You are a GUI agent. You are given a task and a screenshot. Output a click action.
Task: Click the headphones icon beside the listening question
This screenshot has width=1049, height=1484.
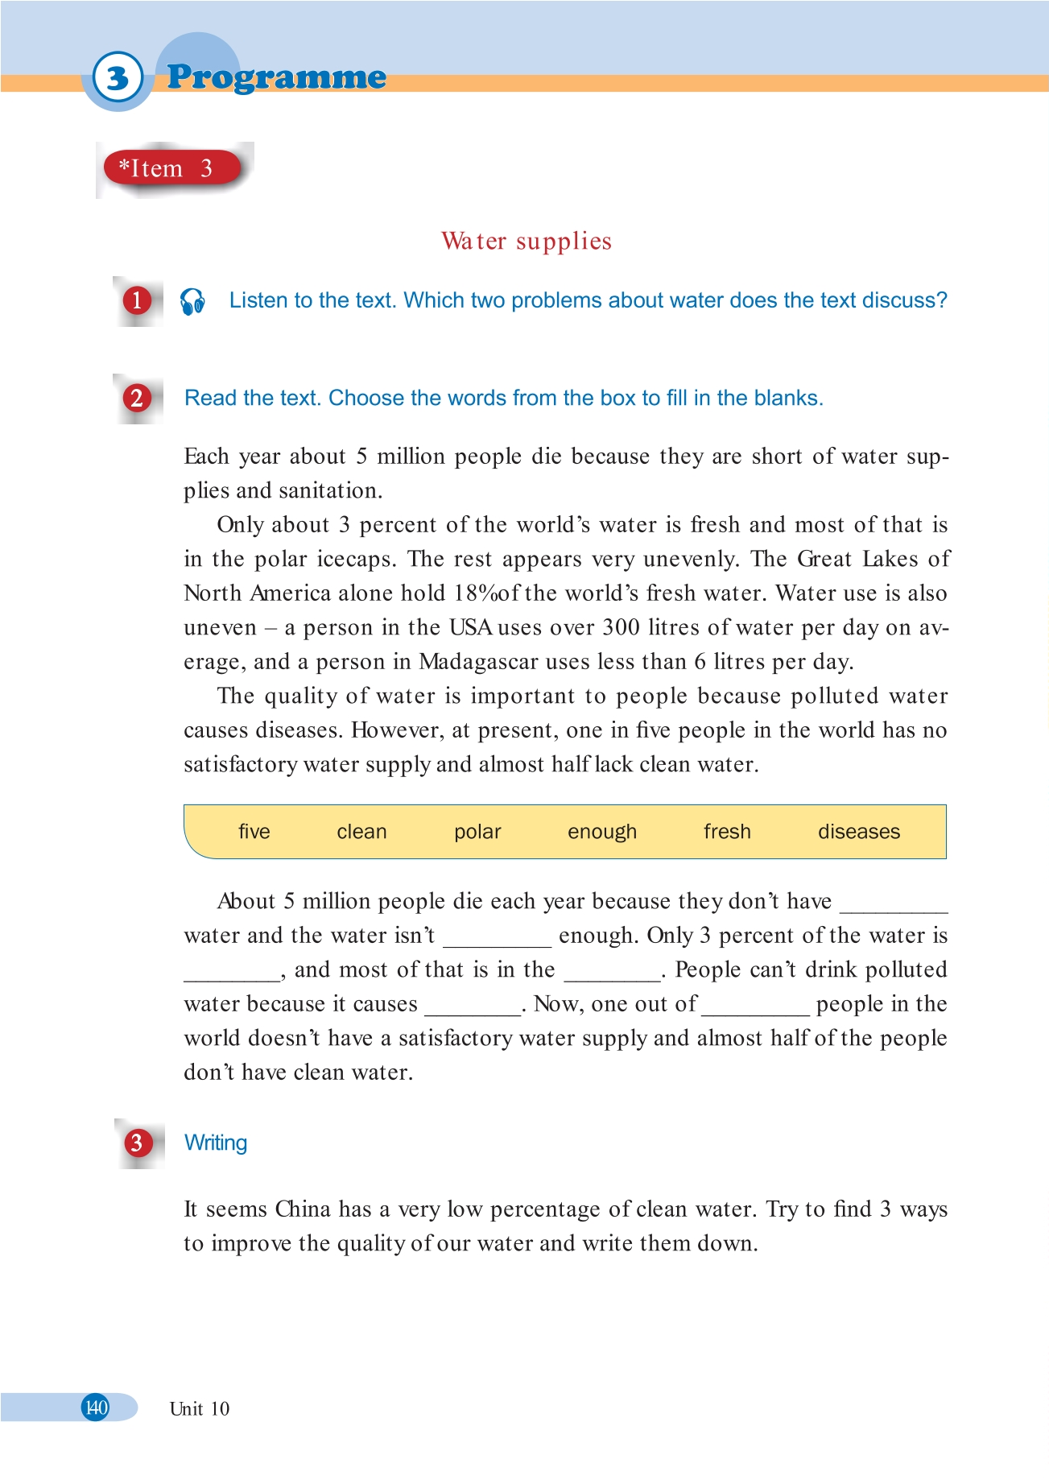tap(192, 301)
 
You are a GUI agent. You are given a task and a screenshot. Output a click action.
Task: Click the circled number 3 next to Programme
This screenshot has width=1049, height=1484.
tap(118, 78)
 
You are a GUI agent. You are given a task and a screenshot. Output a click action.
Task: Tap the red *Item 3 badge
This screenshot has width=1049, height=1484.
tap(171, 168)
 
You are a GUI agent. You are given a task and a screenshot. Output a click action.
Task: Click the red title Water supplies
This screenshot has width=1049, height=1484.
tap(527, 241)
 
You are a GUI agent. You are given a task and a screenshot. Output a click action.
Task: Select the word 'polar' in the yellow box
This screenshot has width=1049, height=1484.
tap(477, 832)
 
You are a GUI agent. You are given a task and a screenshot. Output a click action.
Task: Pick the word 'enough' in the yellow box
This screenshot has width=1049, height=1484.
tap(602, 832)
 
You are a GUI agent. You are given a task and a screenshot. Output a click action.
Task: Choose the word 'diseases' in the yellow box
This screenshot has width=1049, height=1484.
tap(859, 832)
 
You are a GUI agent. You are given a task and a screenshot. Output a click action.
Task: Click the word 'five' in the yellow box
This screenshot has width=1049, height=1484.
tap(254, 832)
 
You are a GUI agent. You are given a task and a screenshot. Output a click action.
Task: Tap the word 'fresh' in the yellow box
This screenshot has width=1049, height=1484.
tap(727, 832)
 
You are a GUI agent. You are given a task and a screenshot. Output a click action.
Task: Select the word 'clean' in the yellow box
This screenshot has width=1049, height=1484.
tap(361, 832)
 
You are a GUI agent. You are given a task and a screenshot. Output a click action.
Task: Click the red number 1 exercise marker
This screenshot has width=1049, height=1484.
tap(137, 301)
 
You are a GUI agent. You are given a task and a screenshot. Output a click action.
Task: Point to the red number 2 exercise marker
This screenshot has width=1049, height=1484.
tap(137, 399)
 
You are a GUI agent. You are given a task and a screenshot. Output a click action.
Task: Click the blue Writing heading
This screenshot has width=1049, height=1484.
tap(216, 1143)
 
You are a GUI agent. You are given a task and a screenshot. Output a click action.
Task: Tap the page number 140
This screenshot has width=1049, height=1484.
tap(96, 1408)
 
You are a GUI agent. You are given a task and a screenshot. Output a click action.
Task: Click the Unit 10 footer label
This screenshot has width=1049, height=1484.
tap(200, 1409)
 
